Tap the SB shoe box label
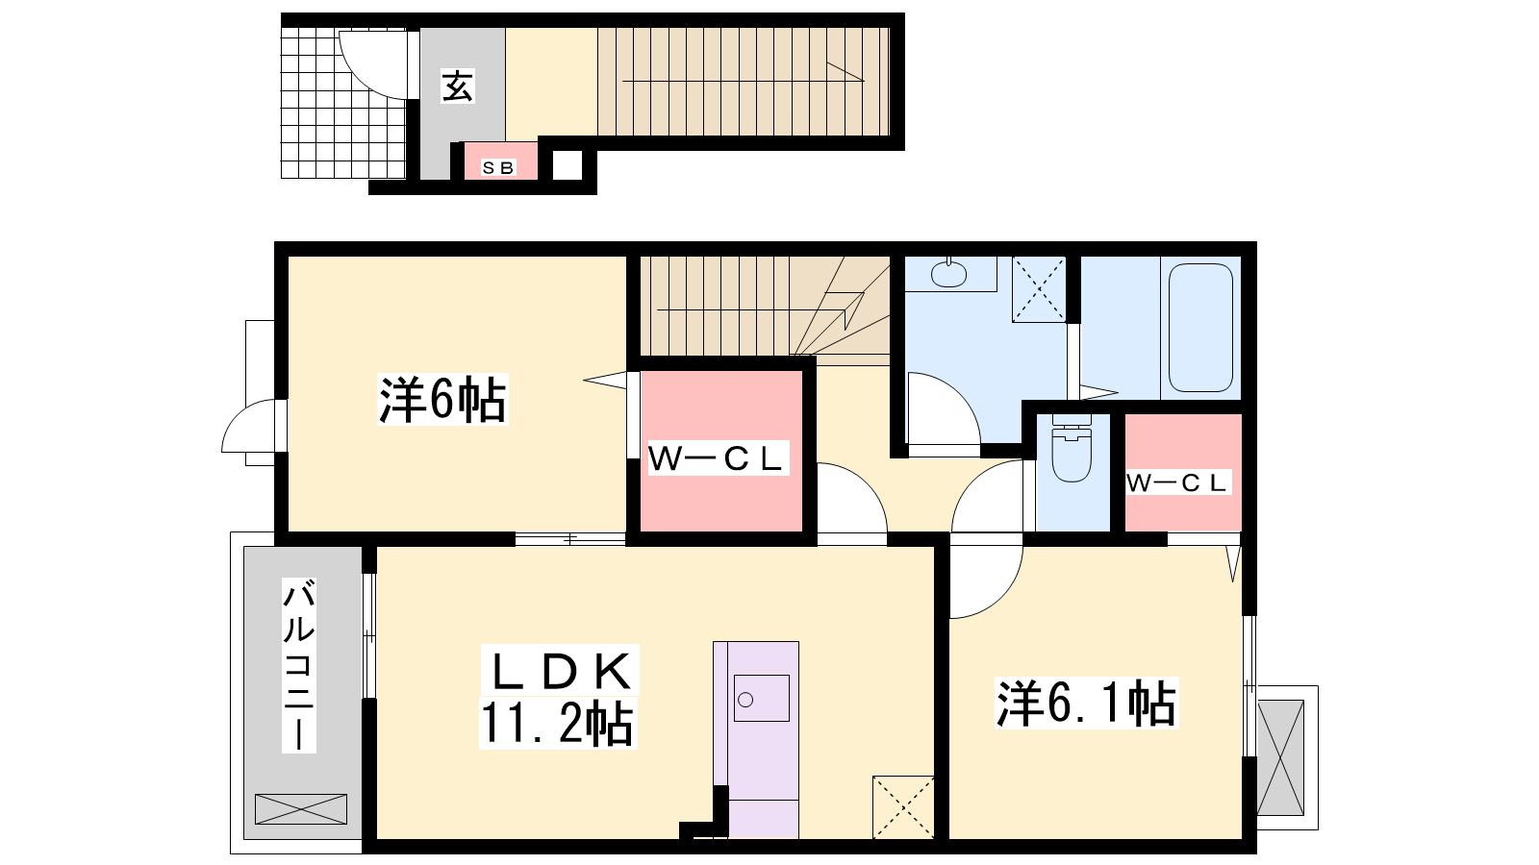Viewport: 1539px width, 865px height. [498, 167]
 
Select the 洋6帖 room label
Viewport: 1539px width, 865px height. [442, 400]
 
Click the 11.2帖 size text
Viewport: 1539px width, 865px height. [557, 723]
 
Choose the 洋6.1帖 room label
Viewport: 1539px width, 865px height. [1086, 703]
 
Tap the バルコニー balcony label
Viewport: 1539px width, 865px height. [299, 665]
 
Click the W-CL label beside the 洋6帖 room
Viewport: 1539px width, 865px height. [717, 459]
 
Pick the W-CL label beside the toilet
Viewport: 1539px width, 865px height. [1177, 483]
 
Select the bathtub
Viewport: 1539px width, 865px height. [1201, 328]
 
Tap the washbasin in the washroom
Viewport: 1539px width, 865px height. [948, 274]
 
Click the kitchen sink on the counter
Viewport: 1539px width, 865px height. [761, 698]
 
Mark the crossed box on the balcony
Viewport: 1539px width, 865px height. [301, 808]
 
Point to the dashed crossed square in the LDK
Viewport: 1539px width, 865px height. [903, 807]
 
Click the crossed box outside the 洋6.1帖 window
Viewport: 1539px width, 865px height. [1280, 757]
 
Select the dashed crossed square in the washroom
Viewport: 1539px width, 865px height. [1039, 289]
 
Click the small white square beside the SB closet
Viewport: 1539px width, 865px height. [568, 164]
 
